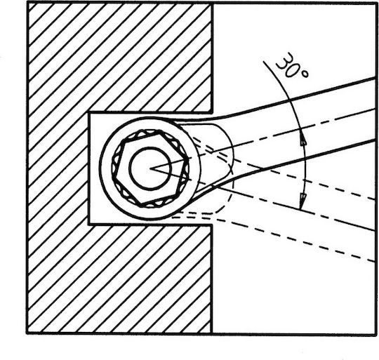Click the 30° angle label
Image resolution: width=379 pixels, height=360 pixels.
[292, 66]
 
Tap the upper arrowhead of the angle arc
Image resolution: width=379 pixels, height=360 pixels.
[303, 140]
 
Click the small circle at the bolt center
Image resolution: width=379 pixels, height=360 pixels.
[150, 168]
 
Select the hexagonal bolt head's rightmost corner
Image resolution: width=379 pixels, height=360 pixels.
[188, 159]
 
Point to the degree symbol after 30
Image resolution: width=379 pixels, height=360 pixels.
[305, 74]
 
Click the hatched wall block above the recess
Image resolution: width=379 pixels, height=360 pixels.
[120, 58]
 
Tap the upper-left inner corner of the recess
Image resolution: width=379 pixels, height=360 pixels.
[89, 113]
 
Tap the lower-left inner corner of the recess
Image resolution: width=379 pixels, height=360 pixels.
[89, 225]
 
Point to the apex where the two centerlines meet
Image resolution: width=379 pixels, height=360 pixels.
[150, 168]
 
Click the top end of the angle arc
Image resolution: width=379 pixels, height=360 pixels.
[264, 61]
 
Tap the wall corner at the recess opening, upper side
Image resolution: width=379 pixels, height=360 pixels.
[212, 112]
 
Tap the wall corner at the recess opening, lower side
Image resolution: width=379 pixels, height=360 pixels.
[212, 225]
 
